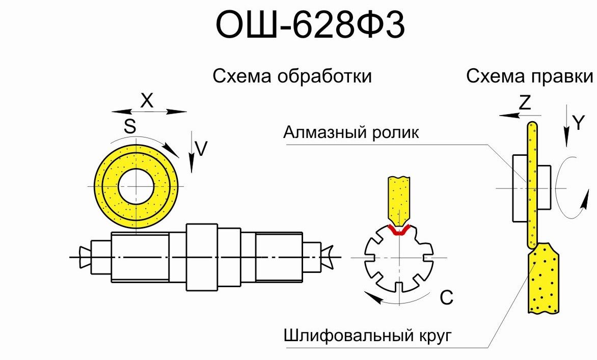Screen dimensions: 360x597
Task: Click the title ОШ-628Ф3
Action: coord(310,25)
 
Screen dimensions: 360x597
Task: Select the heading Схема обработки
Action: coord(292,76)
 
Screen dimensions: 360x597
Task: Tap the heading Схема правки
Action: coord(530,76)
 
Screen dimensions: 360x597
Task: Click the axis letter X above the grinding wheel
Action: coord(147,101)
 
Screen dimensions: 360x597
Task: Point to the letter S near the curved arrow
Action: coord(130,126)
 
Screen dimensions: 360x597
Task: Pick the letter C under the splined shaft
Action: coord(446,297)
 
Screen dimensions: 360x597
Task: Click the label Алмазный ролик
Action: coord(351,133)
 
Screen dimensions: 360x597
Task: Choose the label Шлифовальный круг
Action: coord(367,337)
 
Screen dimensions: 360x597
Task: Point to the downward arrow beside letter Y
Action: coord(566,125)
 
